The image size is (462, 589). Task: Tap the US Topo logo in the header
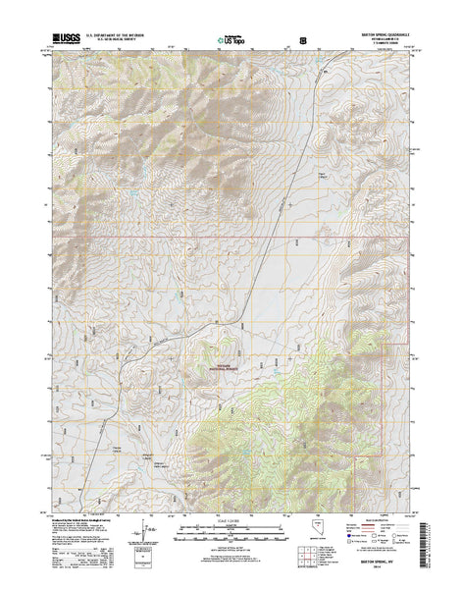[x=231, y=41]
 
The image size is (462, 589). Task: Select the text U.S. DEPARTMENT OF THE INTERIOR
[x=116, y=34]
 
